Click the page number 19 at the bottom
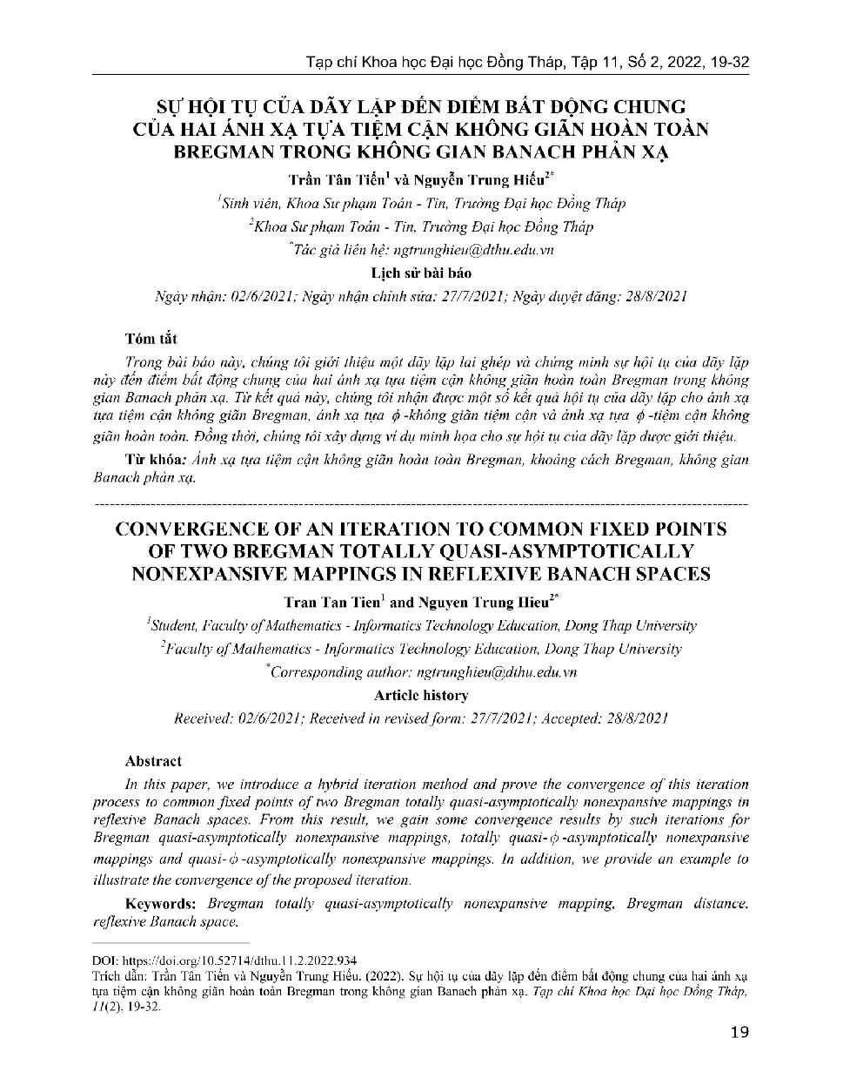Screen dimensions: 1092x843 coord(739,1033)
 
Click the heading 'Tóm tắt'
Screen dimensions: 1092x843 coord(151,339)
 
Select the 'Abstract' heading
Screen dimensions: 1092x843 coord(153,760)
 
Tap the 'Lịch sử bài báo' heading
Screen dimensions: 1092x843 coord(421,273)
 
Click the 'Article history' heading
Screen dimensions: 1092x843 coord(421,695)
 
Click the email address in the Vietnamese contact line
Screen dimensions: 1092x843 coord(474,249)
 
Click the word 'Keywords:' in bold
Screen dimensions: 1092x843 coord(161,903)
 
